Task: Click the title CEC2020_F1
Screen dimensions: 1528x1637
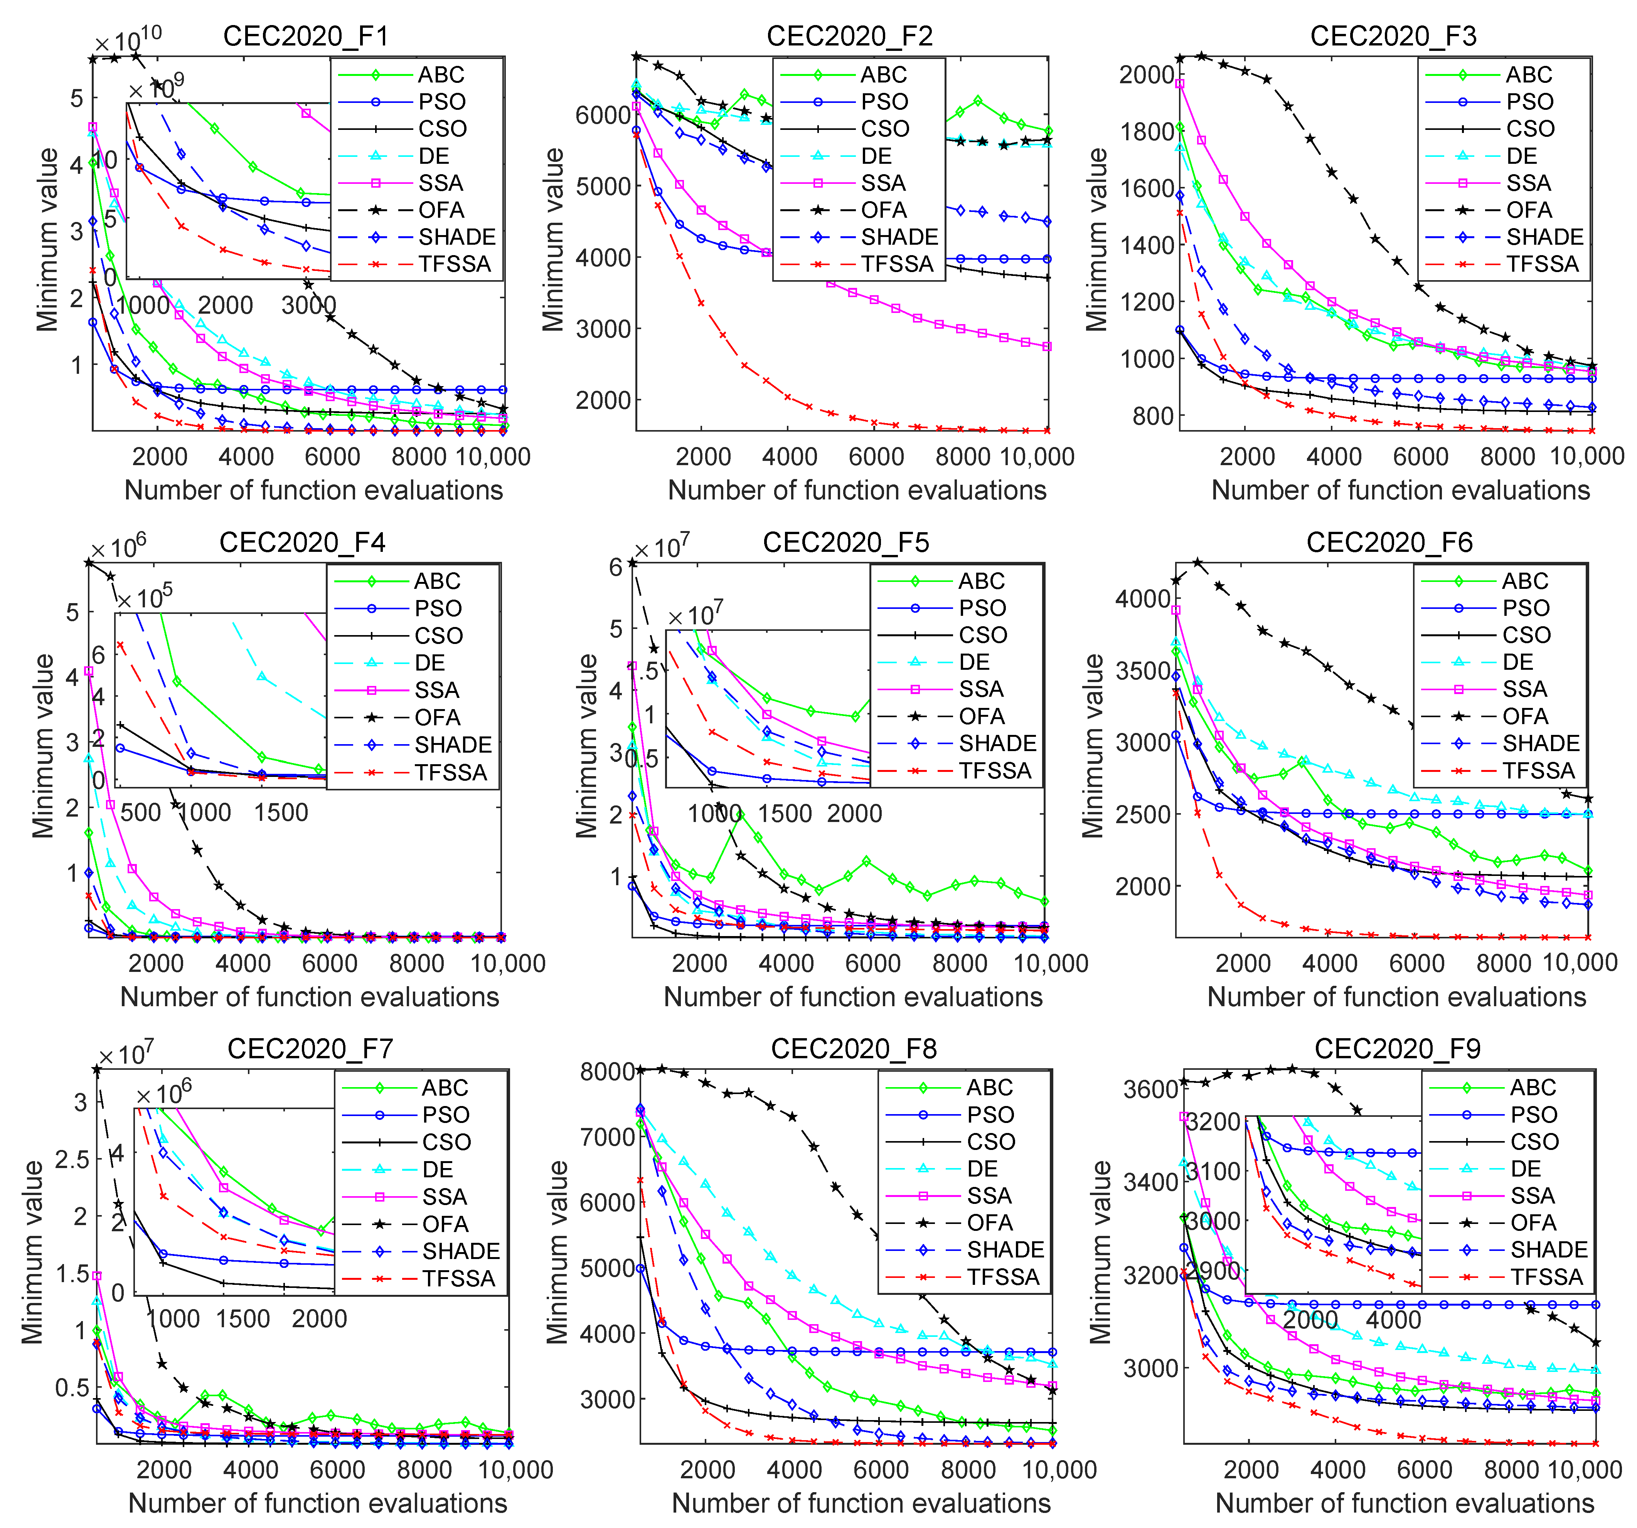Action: click(305, 36)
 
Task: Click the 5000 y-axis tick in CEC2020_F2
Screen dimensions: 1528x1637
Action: click(603, 186)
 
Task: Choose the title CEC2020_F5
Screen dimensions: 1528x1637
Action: click(845, 543)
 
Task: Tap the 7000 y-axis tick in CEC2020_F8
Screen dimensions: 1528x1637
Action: click(608, 1137)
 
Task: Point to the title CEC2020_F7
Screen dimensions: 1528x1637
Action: click(310, 1049)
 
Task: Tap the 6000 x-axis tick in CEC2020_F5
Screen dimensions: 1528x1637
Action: click(873, 963)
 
